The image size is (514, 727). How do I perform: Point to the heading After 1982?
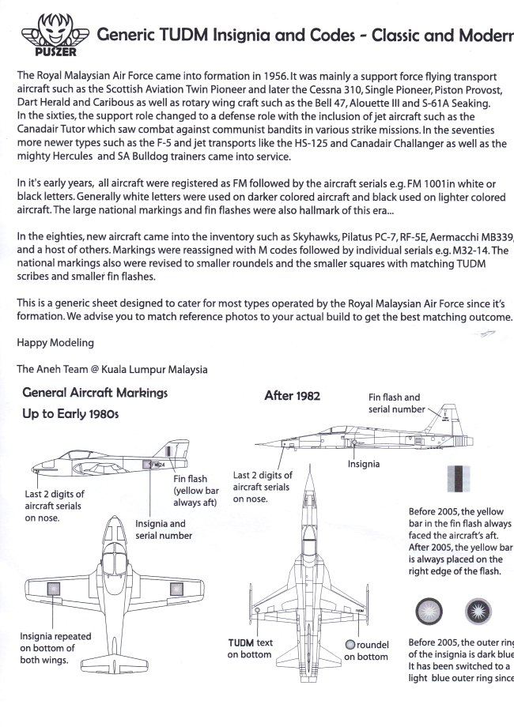click(x=292, y=396)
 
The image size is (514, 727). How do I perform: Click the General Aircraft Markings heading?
click(x=95, y=392)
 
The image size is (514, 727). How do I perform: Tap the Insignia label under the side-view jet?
click(x=364, y=464)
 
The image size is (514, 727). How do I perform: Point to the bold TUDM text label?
click(x=241, y=643)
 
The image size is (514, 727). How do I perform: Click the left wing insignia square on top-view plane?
click(x=55, y=588)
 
